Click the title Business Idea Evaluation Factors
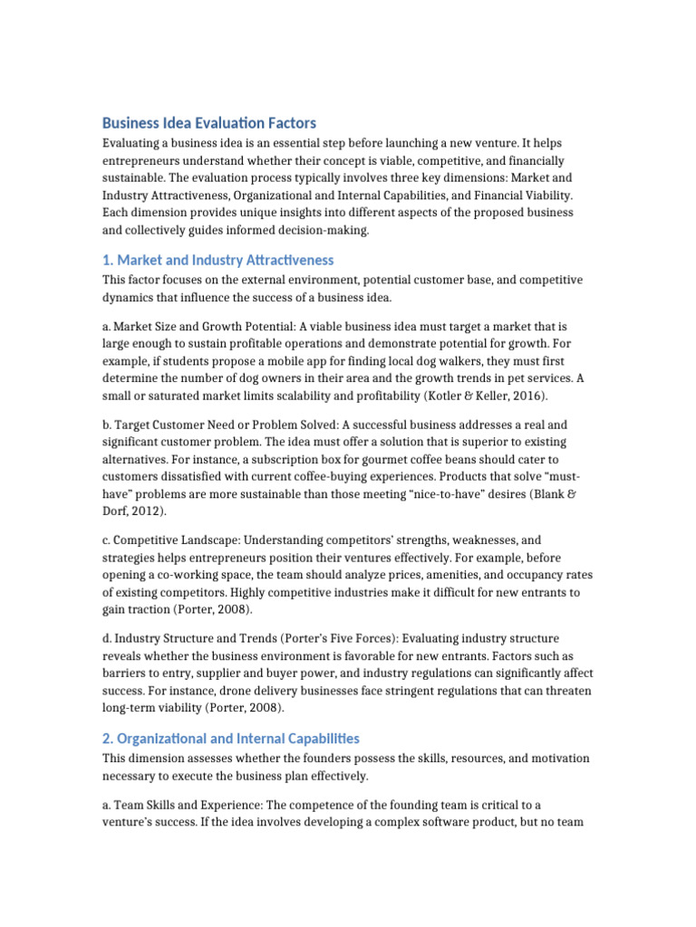[x=208, y=123]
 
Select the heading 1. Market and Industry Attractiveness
[x=217, y=260]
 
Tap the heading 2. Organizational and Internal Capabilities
[x=230, y=739]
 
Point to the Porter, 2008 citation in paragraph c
[x=215, y=608]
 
